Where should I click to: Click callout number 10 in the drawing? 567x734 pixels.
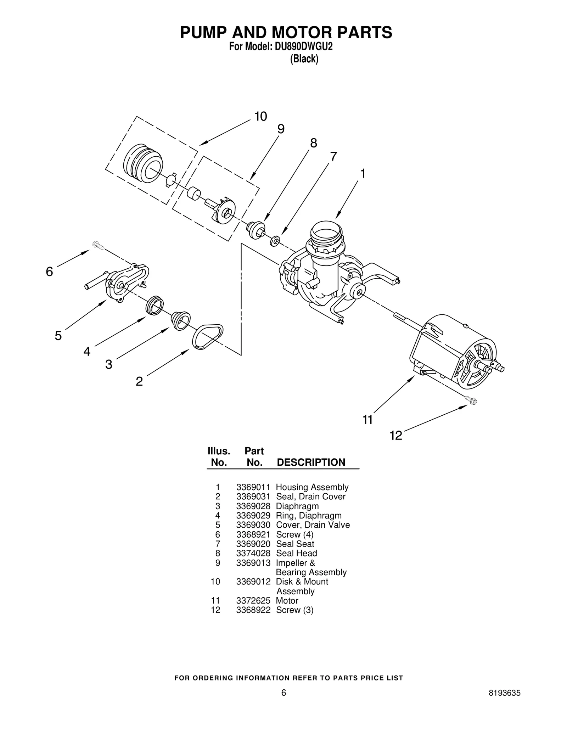pyautogui.click(x=260, y=117)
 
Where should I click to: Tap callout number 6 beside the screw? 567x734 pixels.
pyautogui.click(x=49, y=272)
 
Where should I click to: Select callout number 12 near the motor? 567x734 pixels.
pyautogui.click(x=396, y=435)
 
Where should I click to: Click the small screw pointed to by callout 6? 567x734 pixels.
pyautogui.click(x=98, y=245)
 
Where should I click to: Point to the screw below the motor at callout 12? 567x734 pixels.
pyautogui.click(x=472, y=400)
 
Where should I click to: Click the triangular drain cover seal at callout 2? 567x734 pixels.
pyautogui.click(x=208, y=337)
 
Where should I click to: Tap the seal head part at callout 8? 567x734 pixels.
pyautogui.click(x=256, y=229)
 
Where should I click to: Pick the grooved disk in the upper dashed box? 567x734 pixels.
pyautogui.click(x=143, y=164)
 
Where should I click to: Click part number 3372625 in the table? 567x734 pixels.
pyautogui.click(x=253, y=600)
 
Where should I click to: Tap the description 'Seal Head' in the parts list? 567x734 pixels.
pyautogui.click(x=296, y=553)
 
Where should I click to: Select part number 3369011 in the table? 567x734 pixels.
pyautogui.click(x=253, y=487)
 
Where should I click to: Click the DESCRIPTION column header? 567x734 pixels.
pyautogui.click(x=311, y=462)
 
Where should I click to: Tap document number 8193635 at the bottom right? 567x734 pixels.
pyautogui.click(x=504, y=703)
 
